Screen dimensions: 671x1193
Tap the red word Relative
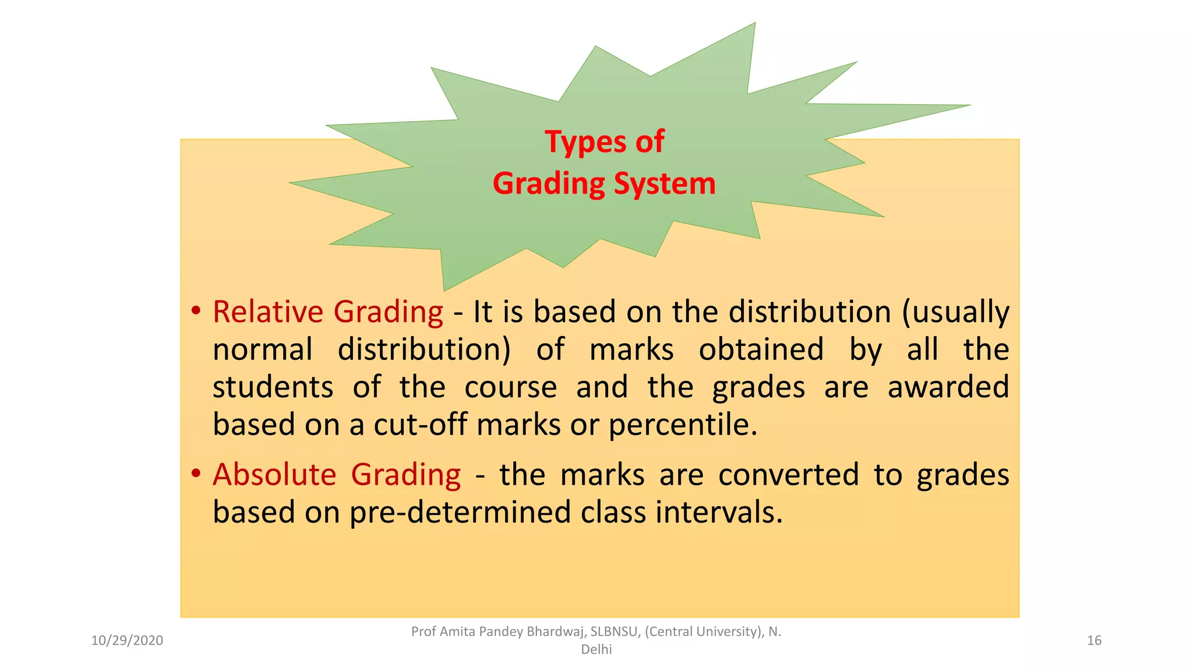[x=267, y=312]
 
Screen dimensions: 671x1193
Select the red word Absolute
[x=274, y=474]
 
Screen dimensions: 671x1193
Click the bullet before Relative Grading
[x=196, y=310]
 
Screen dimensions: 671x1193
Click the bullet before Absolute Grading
[x=196, y=473]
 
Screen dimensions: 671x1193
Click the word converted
[x=788, y=474]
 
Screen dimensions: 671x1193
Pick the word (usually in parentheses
[x=955, y=312]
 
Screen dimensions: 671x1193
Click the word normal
[x=263, y=349]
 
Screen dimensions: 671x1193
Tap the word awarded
[x=948, y=387]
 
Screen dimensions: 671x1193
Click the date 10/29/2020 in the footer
[x=127, y=641]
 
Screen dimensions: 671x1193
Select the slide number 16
[x=1094, y=641]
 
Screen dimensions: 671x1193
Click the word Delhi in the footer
[x=596, y=649]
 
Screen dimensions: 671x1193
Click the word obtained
[x=761, y=349]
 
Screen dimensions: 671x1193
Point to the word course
[x=510, y=387]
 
